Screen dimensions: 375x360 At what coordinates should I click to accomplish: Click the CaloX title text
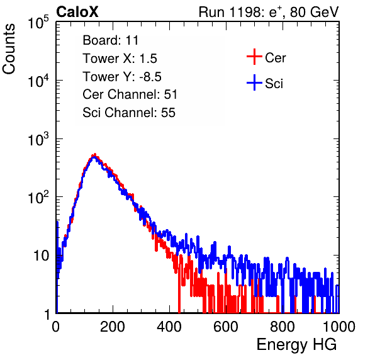[77, 12]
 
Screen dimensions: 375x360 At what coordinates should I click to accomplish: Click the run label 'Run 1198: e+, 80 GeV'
[269, 12]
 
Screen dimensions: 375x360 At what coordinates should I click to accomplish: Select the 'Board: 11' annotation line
[111, 40]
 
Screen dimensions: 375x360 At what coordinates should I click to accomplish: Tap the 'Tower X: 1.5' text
[120, 59]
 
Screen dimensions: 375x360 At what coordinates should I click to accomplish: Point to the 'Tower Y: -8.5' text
[122, 77]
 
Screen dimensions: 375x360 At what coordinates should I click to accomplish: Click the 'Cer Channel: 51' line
[130, 94]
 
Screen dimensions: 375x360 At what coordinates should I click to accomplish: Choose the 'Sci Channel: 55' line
[129, 113]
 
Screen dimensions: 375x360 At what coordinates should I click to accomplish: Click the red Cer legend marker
[254, 57]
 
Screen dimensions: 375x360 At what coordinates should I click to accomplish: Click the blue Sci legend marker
[254, 82]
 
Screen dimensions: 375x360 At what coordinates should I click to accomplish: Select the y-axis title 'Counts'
[9, 49]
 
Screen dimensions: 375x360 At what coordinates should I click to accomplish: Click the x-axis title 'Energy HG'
[296, 345]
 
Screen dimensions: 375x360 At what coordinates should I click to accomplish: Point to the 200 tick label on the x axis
[112, 327]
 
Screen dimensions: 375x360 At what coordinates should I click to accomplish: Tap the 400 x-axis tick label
[169, 327]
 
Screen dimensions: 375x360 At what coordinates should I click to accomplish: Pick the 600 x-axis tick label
[226, 327]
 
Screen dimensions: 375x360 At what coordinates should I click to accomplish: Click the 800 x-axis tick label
[283, 327]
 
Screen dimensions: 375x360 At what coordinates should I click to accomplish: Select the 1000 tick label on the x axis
[339, 327]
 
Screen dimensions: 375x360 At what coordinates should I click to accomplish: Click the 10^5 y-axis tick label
[38, 23]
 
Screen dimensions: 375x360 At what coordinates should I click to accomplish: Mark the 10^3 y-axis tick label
[38, 140]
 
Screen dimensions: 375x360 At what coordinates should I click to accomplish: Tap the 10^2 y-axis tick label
[38, 198]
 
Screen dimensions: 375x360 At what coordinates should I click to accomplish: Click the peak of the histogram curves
[94, 155]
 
